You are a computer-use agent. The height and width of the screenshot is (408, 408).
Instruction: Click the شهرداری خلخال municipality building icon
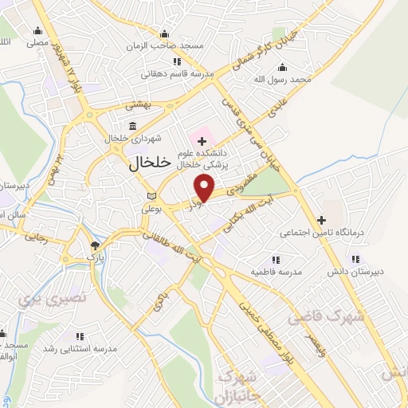132,125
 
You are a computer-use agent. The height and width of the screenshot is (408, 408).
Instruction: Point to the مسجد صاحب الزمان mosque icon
164,33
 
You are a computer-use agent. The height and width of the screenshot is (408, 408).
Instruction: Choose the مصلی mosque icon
36,31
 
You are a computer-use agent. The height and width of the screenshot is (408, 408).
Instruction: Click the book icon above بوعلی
152,196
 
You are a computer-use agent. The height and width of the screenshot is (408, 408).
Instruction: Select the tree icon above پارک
96,245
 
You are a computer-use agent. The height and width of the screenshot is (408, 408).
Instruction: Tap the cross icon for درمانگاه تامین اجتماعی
321,220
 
